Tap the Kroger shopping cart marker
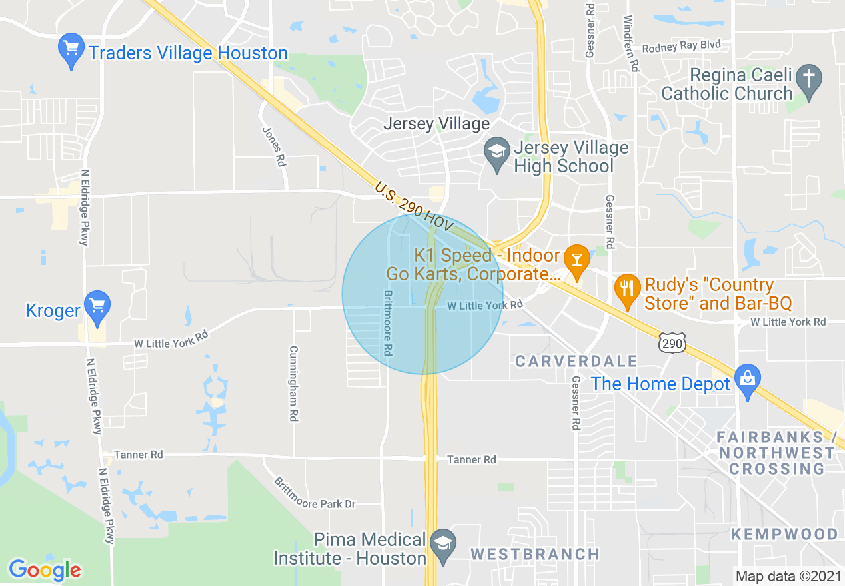pos(97,306)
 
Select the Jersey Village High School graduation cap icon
pos(497,153)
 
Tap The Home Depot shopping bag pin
pos(748,380)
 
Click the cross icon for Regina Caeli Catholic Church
pos(809,80)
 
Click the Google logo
pos(45,570)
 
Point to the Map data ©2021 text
pos(788,575)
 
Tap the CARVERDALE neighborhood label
pos(576,362)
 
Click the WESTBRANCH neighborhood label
pos(535,554)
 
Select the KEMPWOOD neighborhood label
pos(784,534)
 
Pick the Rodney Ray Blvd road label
pos(681,47)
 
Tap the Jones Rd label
pos(274,146)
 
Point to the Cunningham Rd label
pos(293,383)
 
